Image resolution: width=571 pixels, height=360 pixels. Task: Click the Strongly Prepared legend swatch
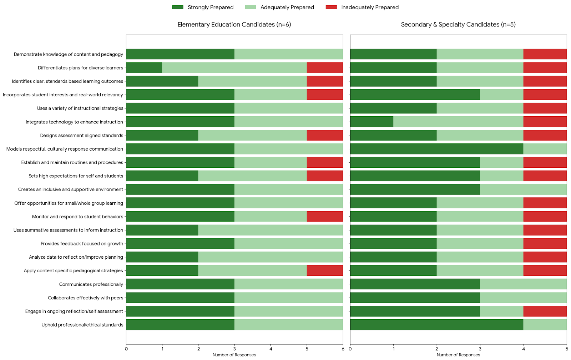[178, 7]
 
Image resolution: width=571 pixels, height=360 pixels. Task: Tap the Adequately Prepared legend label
[287, 7]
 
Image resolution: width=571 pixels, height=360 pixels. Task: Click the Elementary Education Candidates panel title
[234, 24]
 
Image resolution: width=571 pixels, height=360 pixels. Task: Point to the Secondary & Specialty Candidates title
[458, 24]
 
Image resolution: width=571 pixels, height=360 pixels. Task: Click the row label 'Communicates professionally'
[91, 284]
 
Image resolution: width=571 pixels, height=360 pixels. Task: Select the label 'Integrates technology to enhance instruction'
[74, 122]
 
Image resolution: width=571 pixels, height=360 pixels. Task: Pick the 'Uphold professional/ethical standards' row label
[82, 325]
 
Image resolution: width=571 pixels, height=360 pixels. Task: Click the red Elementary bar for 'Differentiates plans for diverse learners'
[325, 68]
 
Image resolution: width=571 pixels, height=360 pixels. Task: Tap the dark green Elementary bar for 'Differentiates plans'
[144, 68]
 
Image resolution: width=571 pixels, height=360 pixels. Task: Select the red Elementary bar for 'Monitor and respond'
[325, 217]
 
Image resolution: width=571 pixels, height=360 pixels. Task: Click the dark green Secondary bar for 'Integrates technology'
[372, 122]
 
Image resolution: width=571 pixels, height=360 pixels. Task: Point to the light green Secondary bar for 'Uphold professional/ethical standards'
[545, 325]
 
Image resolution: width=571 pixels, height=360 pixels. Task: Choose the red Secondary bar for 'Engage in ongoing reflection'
[545, 311]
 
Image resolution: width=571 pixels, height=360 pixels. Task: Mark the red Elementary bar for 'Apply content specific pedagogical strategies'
[325, 271]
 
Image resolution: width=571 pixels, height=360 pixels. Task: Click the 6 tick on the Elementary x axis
[343, 349]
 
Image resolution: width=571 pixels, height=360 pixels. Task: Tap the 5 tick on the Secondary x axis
[567, 349]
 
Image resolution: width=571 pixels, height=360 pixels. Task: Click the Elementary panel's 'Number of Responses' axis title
[234, 355]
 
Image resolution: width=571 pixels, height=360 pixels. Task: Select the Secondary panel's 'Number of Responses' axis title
[458, 355]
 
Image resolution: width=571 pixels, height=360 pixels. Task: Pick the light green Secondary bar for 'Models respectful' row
[545, 149]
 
